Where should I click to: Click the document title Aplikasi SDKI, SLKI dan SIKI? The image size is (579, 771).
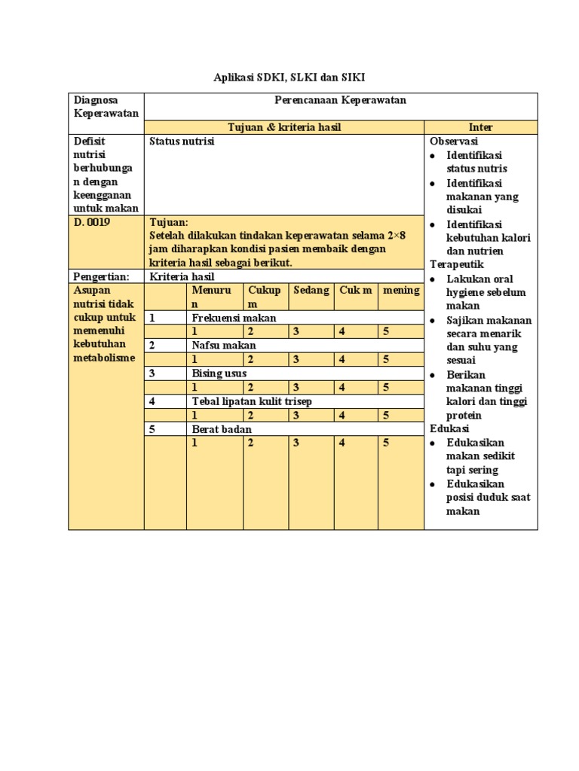[x=289, y=78]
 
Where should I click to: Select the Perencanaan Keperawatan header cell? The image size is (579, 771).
[x=340, y=99]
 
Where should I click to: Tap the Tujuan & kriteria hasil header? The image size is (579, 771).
[x=284, y=127]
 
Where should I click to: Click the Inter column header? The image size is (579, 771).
[x=480, y=127]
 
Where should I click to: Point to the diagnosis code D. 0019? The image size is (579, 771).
[x=93, y=222]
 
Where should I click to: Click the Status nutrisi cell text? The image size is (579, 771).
[x=182, y=141]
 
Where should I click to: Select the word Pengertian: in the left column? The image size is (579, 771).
[x=102, y=276]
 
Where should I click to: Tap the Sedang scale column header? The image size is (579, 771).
[x=311, y=290]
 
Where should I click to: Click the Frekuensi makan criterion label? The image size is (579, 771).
[x=234, y=318]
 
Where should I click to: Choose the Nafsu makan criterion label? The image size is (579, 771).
[x=224, y=345]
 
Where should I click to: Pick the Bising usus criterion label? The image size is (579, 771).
[x=219, y=373]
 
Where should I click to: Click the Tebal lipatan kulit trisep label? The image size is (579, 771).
[x=252, y=401]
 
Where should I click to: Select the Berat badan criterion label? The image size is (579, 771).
[x=222, y=429]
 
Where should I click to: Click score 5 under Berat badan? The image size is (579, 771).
[x=386, y=443]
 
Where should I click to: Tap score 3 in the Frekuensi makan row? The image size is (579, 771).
[x=297, y=331]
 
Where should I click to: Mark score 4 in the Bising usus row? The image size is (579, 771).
[x=342, y=387]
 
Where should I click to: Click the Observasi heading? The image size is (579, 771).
[x=454, y=141]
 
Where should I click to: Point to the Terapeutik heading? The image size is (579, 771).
[x=457, y=264]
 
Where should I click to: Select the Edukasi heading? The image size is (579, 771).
[x=450, y=428]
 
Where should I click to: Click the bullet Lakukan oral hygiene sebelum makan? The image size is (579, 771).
[x=486, y=292]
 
